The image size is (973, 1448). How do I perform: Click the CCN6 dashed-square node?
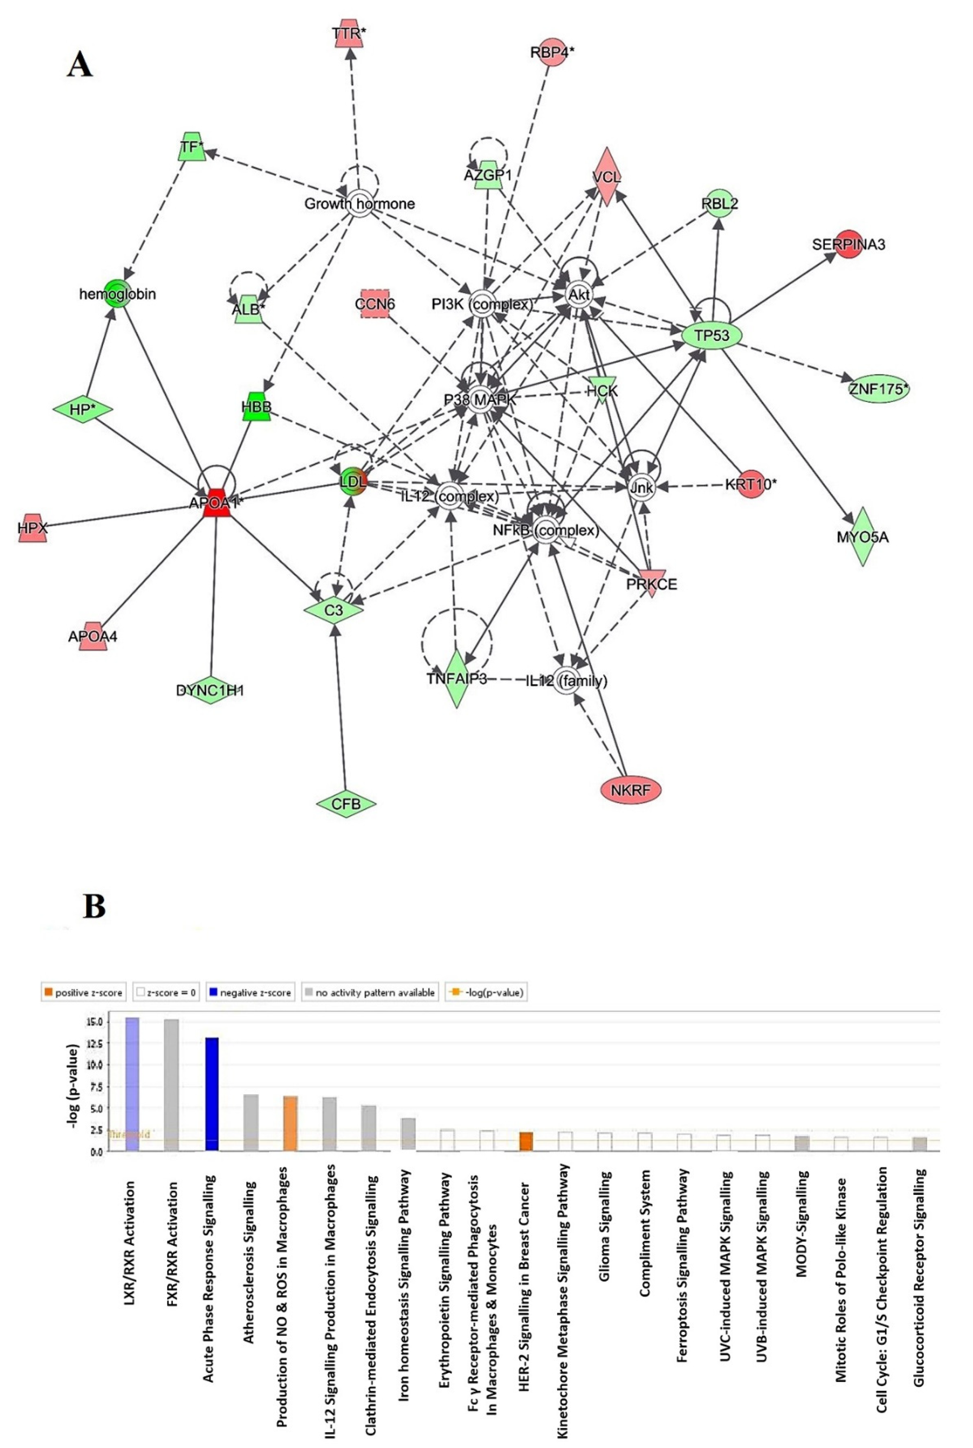[x=375, y=303]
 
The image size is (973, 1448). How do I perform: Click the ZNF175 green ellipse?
[x=879, y=389]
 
